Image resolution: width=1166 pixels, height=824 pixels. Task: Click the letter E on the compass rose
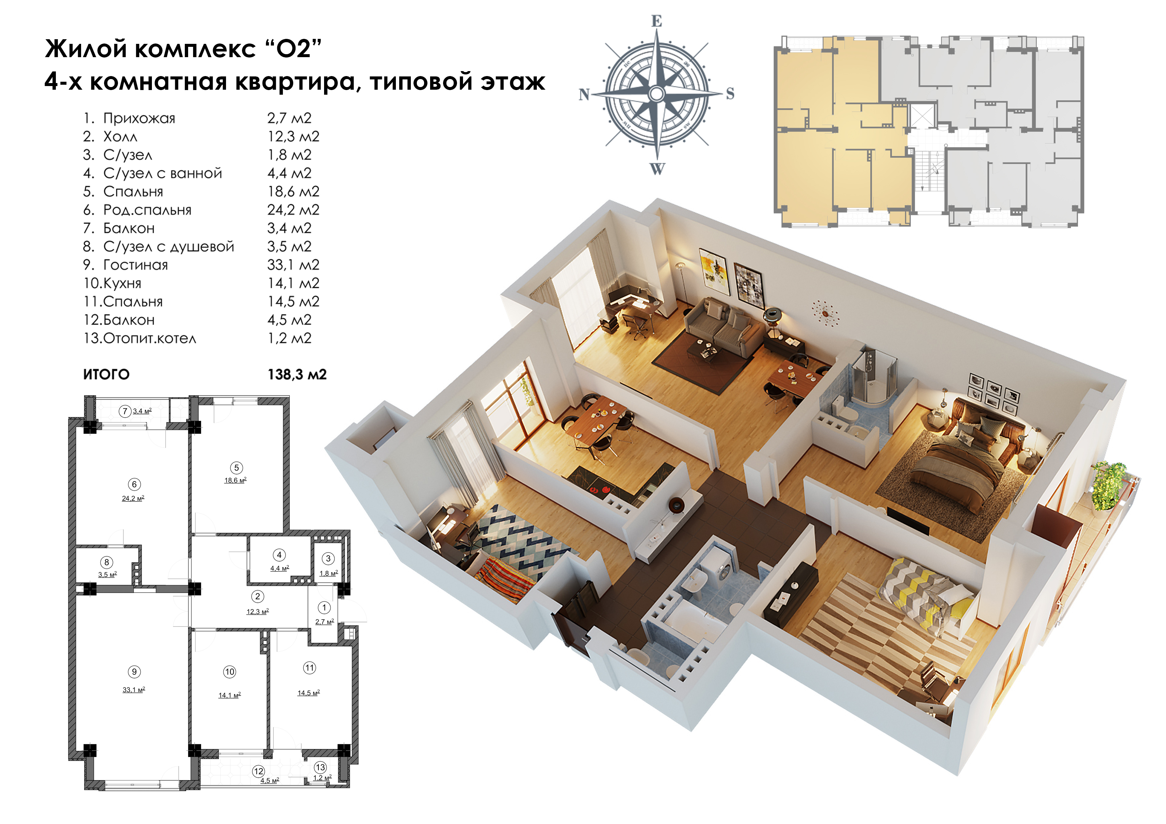657,21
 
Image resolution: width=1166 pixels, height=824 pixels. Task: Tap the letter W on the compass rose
657,169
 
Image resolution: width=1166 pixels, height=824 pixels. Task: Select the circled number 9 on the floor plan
134,672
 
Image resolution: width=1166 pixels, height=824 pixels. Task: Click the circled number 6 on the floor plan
134,484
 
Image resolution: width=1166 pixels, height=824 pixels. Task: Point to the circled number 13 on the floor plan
320,767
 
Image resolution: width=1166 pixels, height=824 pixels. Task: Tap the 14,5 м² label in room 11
308,692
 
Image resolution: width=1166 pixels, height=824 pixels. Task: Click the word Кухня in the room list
122,283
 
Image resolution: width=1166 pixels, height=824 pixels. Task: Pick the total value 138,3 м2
297,375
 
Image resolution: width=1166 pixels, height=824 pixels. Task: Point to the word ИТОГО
106,375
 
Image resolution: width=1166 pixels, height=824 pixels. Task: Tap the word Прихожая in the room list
139,118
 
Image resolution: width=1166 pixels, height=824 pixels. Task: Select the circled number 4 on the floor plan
279,555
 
